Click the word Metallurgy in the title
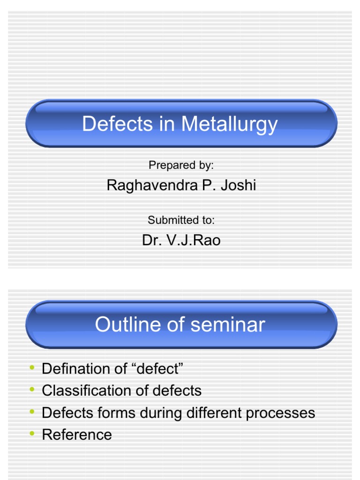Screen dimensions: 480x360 229,125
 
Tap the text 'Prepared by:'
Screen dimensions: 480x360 181,165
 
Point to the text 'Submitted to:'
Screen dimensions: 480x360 181,220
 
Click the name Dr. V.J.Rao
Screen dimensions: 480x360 181,240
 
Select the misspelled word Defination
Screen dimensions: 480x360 75,369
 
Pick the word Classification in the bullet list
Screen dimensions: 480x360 83,390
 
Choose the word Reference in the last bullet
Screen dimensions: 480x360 77,435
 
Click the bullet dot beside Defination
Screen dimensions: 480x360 32,368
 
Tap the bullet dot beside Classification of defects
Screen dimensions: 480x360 32,390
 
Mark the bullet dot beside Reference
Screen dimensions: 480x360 32,434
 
